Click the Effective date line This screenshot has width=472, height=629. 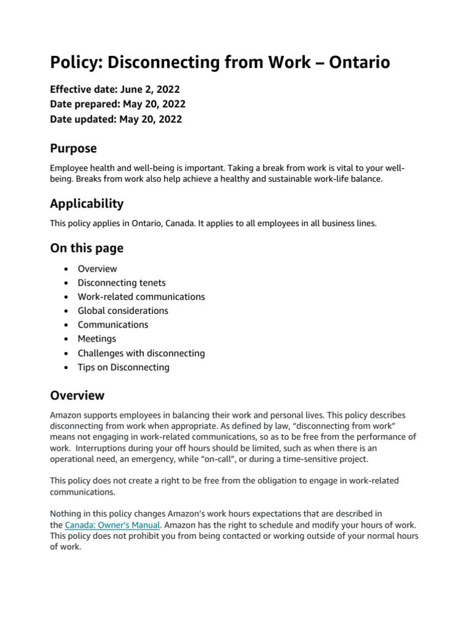pos(115,89)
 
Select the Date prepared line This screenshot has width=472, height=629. pos(117,104)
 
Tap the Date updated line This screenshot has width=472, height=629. pos(116,119)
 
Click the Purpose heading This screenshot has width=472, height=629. pos(73,149)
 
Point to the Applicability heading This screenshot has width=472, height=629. pos(87,203)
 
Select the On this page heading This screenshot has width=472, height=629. pos(87,248)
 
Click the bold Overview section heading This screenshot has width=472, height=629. pos(77,395)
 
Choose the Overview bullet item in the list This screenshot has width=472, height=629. pos(97,268)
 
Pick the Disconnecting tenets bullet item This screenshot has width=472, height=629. pos(122,283)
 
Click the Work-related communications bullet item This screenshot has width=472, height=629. pos(141,297)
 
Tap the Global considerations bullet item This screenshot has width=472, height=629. pos(122,311)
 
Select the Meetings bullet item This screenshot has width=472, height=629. pos(96,338)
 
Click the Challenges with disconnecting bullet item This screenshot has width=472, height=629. pos(141,353)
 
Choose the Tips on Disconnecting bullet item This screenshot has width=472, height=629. pos(123,367)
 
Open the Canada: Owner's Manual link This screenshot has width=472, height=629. pos(112,525)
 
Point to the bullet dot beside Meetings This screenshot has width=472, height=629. pos(66,339)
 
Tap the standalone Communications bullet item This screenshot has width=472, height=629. pos(112,324)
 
